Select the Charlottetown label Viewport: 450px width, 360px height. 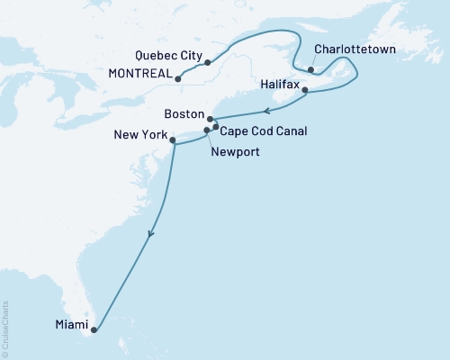[355, 52]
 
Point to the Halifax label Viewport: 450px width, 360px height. [278, 83]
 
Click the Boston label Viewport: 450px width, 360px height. [184, 115]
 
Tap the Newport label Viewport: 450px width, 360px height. [235, 152]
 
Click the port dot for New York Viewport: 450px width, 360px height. [173, 139]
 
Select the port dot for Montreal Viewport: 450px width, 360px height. [178, 78]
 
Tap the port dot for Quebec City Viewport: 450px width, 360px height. [208, 62]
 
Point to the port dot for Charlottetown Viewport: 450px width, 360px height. [310, 69]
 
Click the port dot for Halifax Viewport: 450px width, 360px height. [305, 90]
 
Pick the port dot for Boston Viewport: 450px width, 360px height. [210, 119]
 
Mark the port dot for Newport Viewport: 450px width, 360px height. [207, 130]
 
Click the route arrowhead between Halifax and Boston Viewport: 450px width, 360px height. [267, 112]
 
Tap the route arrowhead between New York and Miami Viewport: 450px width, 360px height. [150, 233]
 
